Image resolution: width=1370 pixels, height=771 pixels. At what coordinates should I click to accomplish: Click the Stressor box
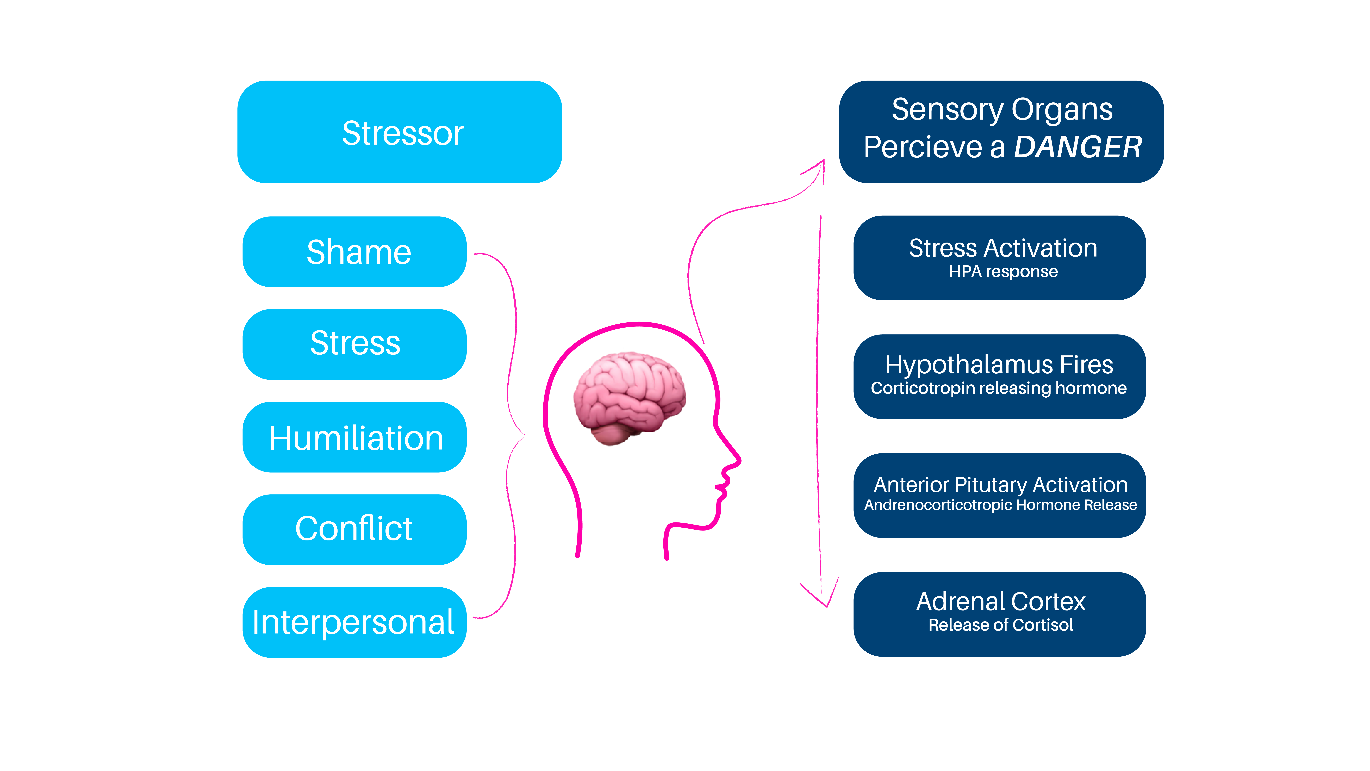coord(399,132)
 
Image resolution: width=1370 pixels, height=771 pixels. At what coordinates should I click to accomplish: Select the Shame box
coord(354,252)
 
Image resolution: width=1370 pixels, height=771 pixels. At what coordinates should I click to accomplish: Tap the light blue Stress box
coord(354,344)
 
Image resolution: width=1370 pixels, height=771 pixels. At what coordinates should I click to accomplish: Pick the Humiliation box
coord(354,437)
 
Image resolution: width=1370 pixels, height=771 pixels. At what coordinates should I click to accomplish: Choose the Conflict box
coord(354,529)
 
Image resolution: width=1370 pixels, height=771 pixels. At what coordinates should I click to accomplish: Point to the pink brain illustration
coord(629,396)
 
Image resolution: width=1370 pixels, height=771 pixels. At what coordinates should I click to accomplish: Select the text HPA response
coord(1003,272)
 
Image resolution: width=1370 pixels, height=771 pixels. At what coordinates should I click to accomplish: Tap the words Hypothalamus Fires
coord(999,365)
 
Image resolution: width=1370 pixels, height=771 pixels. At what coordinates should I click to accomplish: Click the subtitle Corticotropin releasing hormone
coord(999,388)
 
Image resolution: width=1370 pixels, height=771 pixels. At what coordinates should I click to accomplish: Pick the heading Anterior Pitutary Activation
coord(1000,485)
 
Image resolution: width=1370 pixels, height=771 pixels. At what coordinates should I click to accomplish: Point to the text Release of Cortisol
coord(1000,625)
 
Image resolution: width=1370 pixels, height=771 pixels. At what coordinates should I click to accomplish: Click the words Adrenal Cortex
coord(1000,602)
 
